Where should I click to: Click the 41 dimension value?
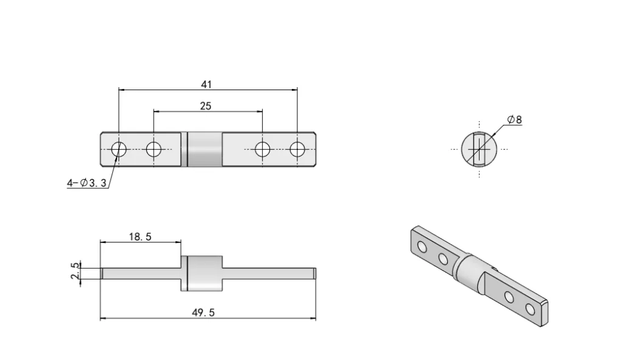point(207,84)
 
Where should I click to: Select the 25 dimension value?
point(205,106)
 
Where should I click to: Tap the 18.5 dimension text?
point(140,237)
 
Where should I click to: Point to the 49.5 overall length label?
point(204,312)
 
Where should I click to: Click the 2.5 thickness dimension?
point(76,271)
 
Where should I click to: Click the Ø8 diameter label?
point(515,120)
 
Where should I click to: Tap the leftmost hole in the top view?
point(119,149)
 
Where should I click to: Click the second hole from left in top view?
point(154,149)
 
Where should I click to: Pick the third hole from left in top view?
point(262,149)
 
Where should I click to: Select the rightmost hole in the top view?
point(297,149)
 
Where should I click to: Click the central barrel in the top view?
point(205,149)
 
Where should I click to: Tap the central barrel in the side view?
point(205,272)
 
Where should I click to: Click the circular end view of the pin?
point(479,148)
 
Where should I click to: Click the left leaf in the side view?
point(140,272)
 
